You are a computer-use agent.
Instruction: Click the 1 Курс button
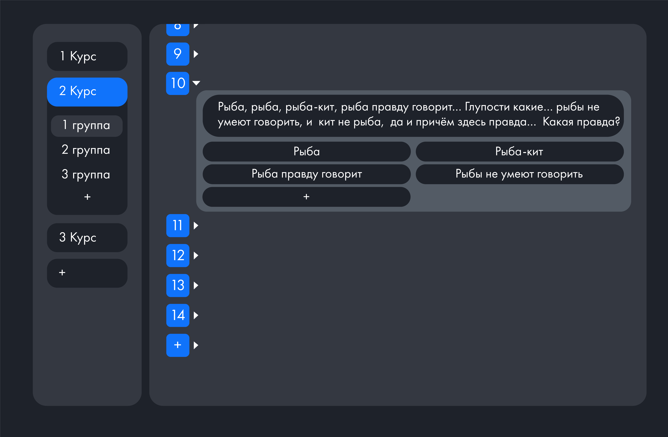(x=87, y=56)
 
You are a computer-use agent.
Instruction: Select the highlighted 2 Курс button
(x=87, y=92)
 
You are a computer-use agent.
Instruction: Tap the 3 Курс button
(x=87, y=237)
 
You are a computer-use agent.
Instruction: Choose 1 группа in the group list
(x=87, y=126)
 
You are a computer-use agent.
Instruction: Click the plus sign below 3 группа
(x=87, y=197)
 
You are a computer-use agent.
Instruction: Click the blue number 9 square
(x=178, y=54)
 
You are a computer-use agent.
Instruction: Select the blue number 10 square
(x=178, y=83)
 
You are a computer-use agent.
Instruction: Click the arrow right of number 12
(x=196, y=255)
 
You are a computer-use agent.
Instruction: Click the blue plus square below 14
(x=178, y=345)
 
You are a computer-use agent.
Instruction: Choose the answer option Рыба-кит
(x=520, y=152)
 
